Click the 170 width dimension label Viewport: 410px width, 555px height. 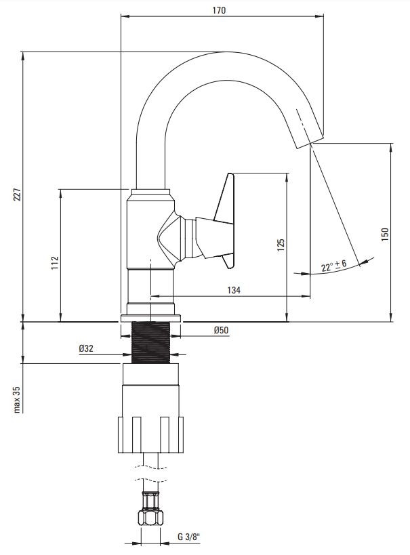point(219,10)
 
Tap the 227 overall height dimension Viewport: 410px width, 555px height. point(18,194)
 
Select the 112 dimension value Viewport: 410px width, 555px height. point(54,263)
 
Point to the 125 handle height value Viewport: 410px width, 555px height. point(281,245)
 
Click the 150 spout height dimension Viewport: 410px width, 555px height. point(385,234)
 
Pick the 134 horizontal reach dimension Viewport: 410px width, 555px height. point(234,290)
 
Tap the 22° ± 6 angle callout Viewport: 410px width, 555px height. point(333,265)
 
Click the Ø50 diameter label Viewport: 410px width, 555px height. point(222,330)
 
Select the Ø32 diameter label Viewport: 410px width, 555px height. point(86,348)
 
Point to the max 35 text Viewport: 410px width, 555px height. point(18,399)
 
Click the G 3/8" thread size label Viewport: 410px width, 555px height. point(188,537)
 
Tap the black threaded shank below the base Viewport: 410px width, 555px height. point(151,342)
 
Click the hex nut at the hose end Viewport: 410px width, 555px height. point(151,518)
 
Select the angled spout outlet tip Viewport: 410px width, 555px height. point(309,141)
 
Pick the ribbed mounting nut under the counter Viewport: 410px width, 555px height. point(151,434)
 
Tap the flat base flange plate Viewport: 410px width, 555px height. point(151,318)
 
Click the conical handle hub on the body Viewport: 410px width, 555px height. point(171,236)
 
